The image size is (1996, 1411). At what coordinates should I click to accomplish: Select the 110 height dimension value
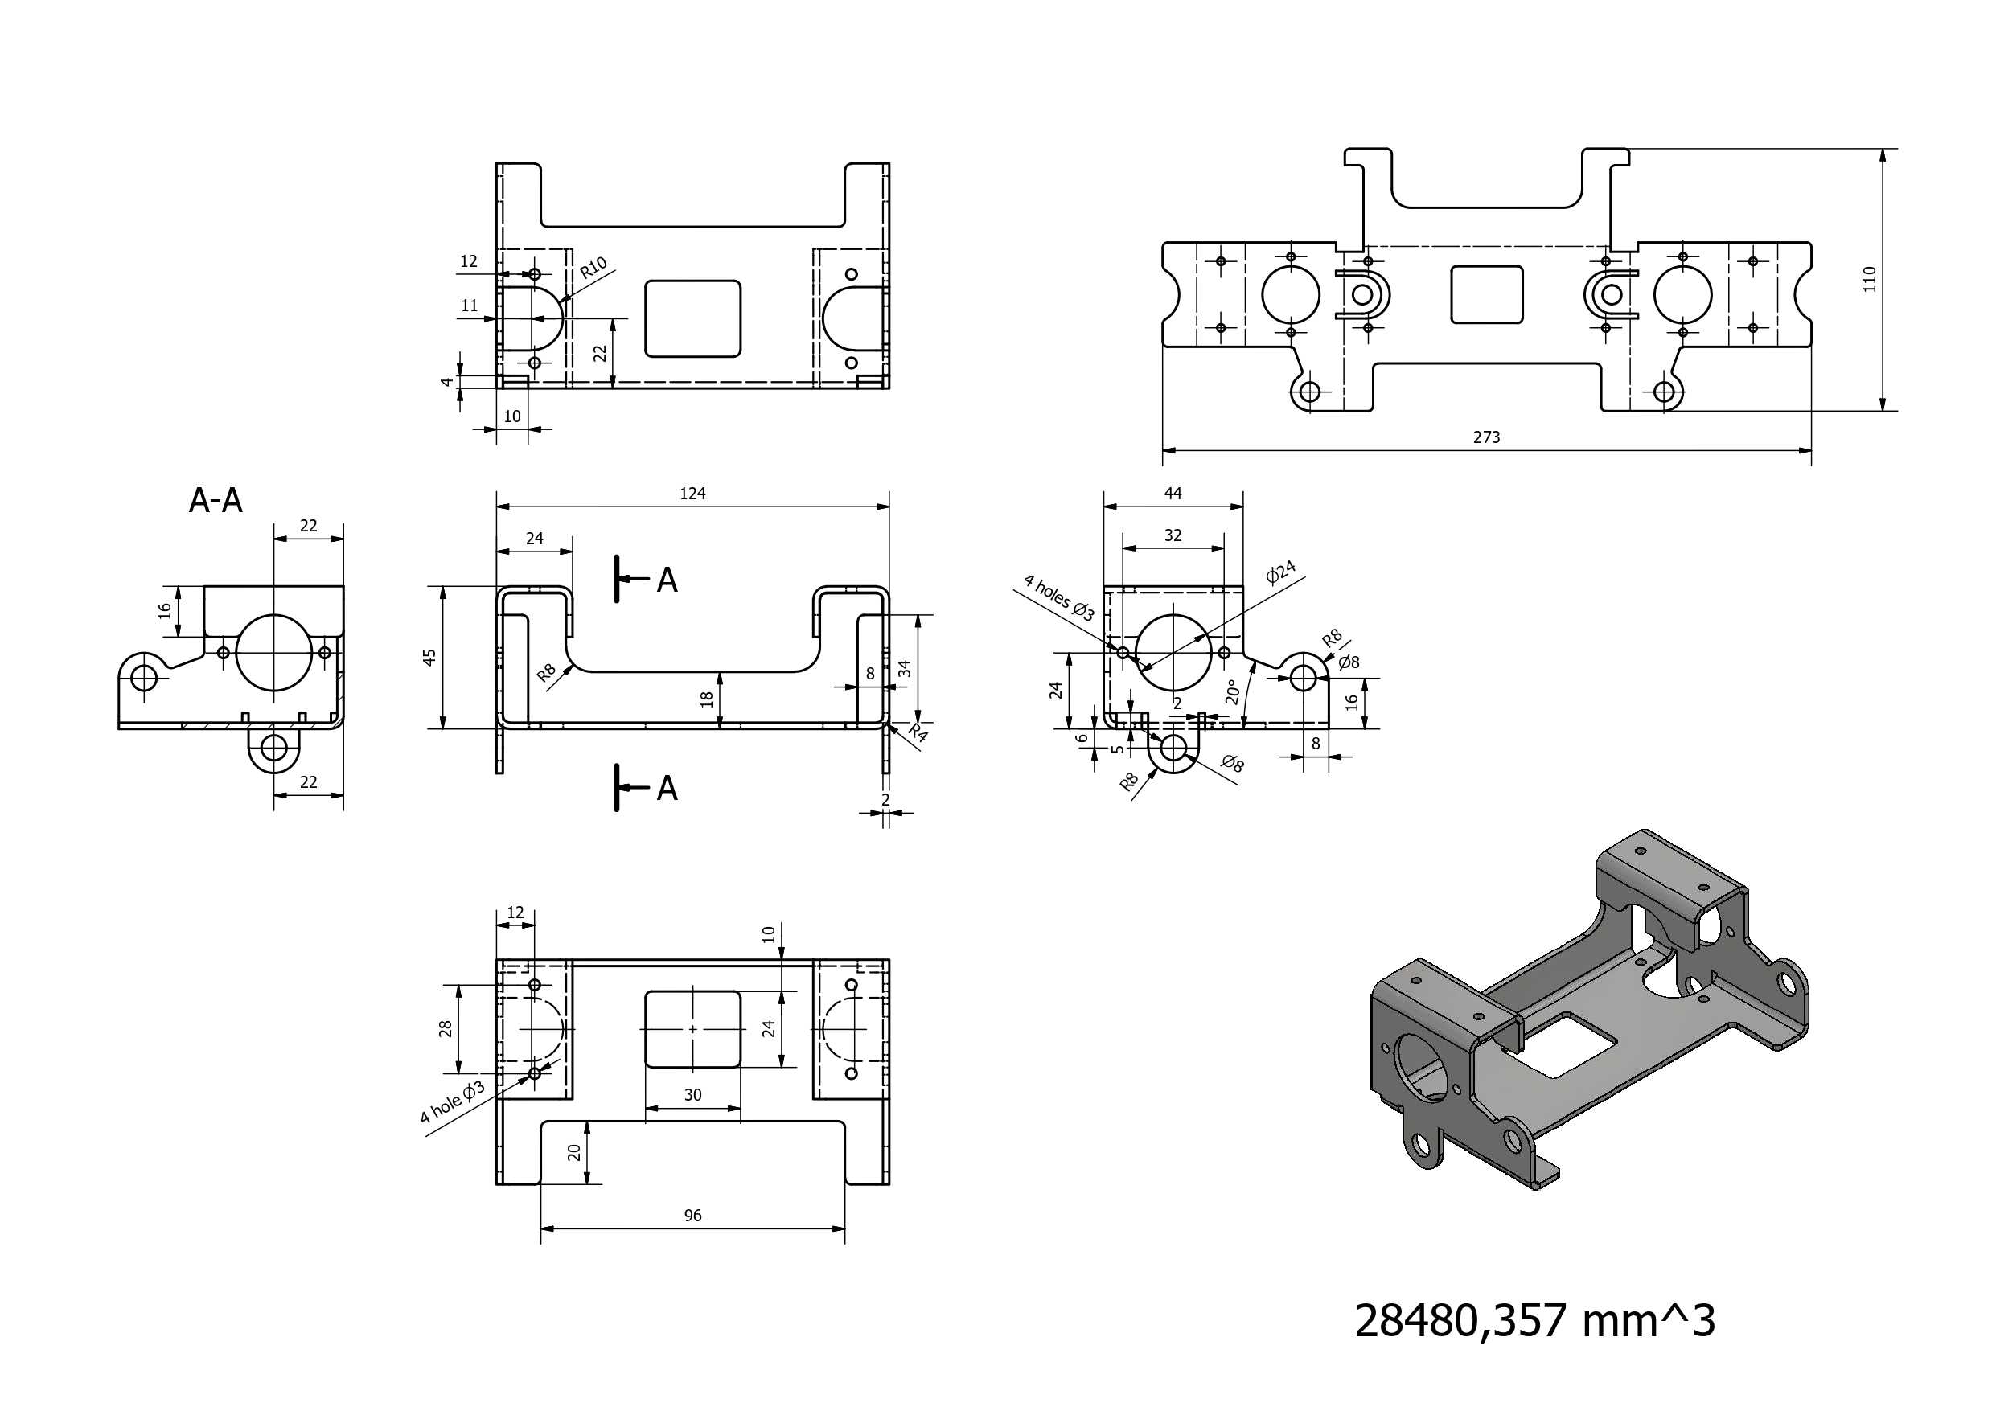click(x=1870, y=279)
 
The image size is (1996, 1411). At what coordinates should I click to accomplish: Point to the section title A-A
click(x=216, y=500)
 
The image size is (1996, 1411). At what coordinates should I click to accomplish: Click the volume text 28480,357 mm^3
click(x=1534, y=1321)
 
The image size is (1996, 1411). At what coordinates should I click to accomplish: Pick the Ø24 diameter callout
click(x=1280, y=572)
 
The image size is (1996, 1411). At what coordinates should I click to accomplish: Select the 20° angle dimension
click(x=1233, y=692)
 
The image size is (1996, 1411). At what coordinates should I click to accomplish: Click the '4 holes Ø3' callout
click(x=1059, y=597)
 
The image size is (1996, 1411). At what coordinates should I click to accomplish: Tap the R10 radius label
click(x=593, y=268)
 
